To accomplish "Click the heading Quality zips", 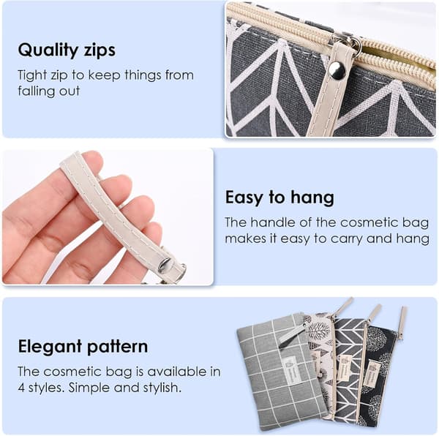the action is coord(67,50).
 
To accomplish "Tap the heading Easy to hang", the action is coord(279,198).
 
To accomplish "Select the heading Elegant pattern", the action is coord(83,347).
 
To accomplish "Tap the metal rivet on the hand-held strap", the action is coord(164,265).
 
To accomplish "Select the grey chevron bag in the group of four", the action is coord(349,369).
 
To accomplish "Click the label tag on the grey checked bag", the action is coord(291,371).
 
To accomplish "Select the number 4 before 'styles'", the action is coord(21,388).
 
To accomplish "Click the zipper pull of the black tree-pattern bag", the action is coord(402,323).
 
